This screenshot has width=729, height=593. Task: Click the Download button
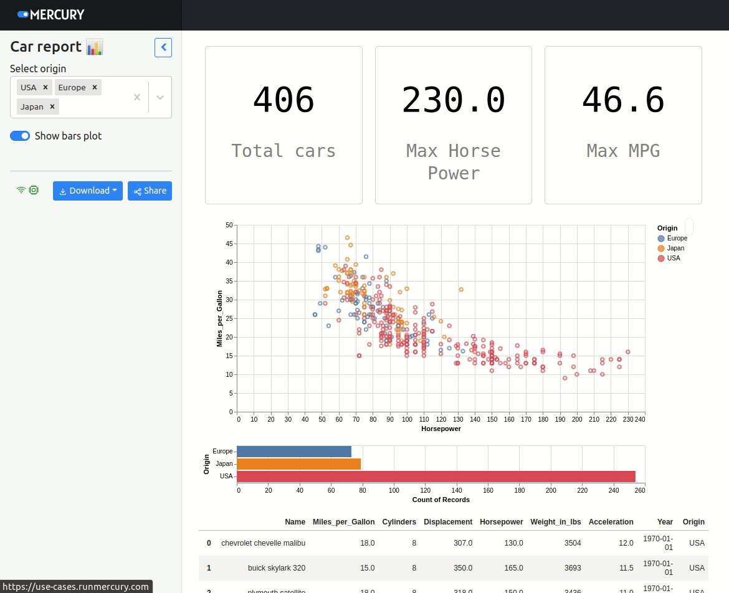click(88, 191)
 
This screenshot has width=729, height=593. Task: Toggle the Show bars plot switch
click(20, 136)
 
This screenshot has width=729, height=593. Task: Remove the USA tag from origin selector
click(45, 87)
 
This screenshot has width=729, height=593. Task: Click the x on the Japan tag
click(52, 107)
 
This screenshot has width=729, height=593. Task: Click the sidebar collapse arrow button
click(163, 47)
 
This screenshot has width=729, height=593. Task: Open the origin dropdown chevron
click(160, 97)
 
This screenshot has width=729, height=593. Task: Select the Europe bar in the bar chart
click(294, 452)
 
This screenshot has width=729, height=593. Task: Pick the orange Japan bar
click(299, 464)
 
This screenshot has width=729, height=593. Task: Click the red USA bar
click(436, 477)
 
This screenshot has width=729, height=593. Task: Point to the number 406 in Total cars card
click(283, 100)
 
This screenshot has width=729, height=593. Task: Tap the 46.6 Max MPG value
click(623, 100)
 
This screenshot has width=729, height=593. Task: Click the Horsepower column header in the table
click(501, 522)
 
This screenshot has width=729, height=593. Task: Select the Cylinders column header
click(399, 522)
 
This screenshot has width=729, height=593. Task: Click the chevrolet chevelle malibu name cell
click(263, 543)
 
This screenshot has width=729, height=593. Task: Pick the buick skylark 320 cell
click(276, 568)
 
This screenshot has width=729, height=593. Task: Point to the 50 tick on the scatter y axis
click(229, 225)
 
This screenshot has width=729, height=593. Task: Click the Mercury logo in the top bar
click(51, 14)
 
